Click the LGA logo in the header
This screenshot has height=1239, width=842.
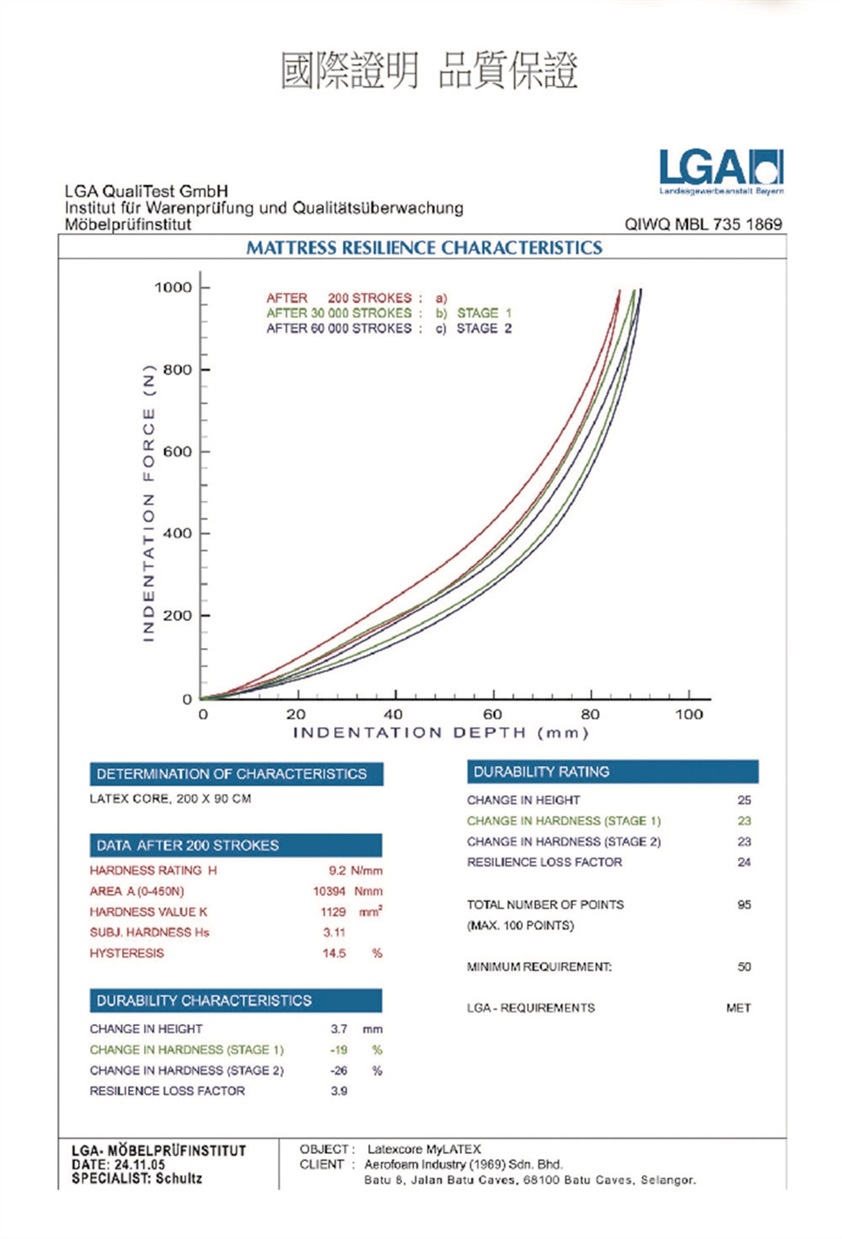pos(721,169)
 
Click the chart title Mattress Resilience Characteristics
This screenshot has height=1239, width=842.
pos(424,248)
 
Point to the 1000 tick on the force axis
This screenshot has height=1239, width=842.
pos(173,288)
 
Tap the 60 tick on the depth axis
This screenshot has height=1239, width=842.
pos(493,714)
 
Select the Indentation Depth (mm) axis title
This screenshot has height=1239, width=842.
pos(440,733)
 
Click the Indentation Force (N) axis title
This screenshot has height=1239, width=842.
pos(148,502)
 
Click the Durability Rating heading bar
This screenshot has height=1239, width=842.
pos(612,772)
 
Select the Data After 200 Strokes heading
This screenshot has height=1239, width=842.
pos(235,845)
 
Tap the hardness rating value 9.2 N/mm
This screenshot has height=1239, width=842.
pos(354,871)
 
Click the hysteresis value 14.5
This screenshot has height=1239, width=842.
pos(334,953)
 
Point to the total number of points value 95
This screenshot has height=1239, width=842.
pos(744,905)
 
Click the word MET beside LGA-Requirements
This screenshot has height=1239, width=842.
pos(739,1008)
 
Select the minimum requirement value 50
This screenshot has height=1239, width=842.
pos(744,967)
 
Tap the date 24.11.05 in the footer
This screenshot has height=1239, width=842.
pos(139,1164)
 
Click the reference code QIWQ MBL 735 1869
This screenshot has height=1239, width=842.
pos(703,224)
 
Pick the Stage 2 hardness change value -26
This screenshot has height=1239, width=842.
pos(339,1071)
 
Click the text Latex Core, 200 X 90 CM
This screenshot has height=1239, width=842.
pos(170,799)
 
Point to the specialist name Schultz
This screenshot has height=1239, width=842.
pos(179,1178)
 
